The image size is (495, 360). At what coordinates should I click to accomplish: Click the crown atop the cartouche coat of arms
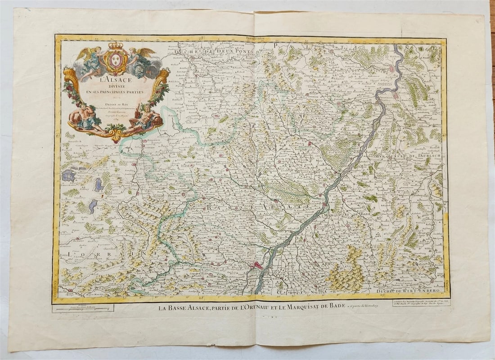pyautogui.click(x=116, y=46)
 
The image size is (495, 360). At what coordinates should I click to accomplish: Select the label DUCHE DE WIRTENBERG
pyautogui.click(x=404, y=291)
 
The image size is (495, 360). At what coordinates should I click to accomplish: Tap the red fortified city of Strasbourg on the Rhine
pyautogui.click(x=257, y=265)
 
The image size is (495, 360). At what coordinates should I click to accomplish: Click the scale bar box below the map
pyautogui.click(x=83, y=308)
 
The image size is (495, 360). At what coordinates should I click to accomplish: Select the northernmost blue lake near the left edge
pyautogui.click(x=68, y=175)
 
